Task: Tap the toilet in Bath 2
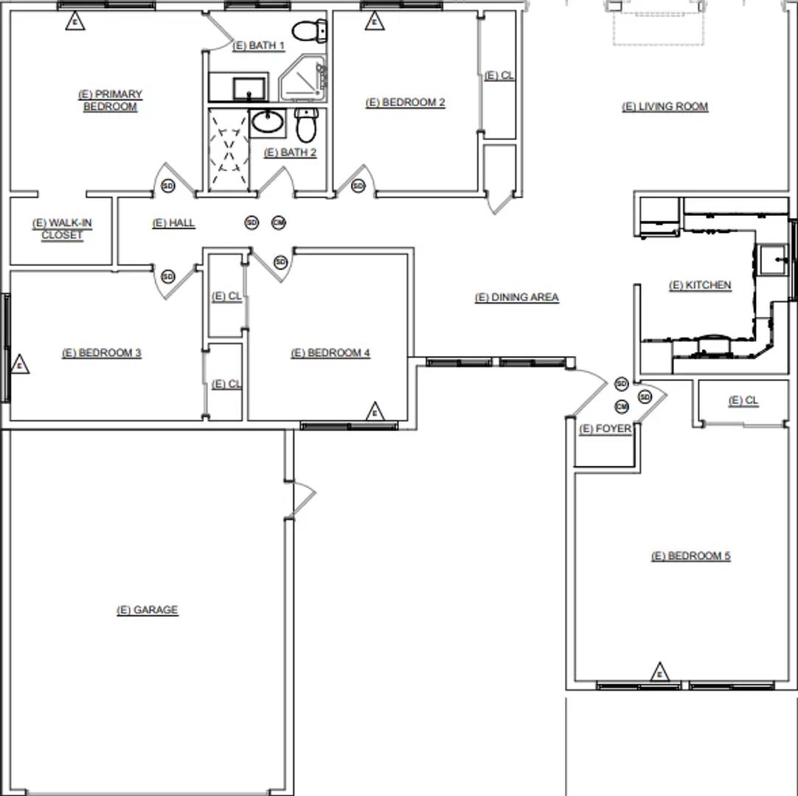[x=305, y=125]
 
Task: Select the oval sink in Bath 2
[x=267, y=122]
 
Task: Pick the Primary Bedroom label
[x=110, y=100]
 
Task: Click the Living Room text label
[x=665, y=107]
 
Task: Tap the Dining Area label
[x=516, y=298]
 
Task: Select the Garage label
[x=148, y=610]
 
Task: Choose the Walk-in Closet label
[x=62, y=229]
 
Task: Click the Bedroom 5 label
[x=690, y=556]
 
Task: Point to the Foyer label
[x=606, y=430]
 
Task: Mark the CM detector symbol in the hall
[x=278, y=223]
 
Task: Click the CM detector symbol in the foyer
[x=622, y=407]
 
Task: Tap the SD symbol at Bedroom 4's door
[x=280, y=262]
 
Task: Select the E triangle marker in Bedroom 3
[x=20, y=364]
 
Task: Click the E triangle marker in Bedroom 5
[x=659, y=672]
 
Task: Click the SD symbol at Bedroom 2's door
[x=358, y=186]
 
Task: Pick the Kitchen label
[x=700, y=285]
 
